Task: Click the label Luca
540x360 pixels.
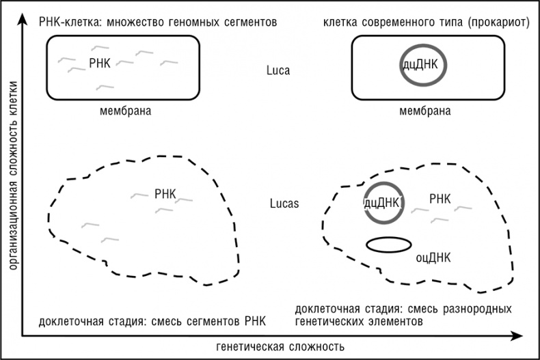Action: [x=279, y=69]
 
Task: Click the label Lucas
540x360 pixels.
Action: [x=283, y=204]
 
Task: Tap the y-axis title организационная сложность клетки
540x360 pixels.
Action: [x=12, y=180]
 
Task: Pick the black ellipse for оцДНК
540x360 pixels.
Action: [x=389, y=245]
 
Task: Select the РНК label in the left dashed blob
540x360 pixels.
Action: [x=165, y=194]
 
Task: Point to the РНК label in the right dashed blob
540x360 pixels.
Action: [x=440, y=199]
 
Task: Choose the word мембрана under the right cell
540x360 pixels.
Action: [x=425, y=111]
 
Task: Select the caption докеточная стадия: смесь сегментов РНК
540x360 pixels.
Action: [x=152, y=321]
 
